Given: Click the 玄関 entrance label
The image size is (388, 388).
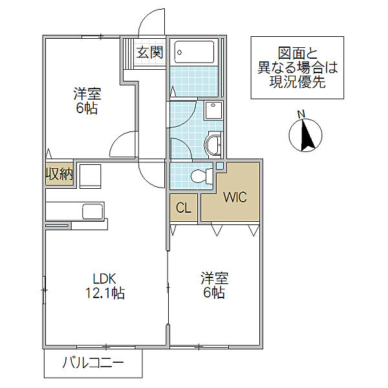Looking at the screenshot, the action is pos(150,52).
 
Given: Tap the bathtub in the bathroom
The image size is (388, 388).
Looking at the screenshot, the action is pos(194,52).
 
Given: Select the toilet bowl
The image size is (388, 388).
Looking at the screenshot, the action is pos(202,176).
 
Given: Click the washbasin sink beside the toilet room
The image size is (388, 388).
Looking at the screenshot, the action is pos(213,145).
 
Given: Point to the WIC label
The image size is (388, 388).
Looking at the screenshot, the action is pos(235,197).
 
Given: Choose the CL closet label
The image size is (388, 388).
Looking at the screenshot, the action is pos(184,208).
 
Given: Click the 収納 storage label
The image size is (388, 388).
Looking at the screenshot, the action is pos(59,174).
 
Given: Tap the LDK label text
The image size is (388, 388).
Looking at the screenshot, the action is pos(104,279).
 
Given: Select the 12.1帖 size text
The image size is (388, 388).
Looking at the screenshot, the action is pos(105,293).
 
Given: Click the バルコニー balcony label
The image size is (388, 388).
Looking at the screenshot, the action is pos(92,363).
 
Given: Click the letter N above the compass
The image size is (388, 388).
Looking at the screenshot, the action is pos(301,114).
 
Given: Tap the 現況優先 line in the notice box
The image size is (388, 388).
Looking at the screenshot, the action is pos(297,81).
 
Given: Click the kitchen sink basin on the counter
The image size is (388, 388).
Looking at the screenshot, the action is pos(92,211).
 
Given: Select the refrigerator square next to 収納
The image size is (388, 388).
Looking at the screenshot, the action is pos(91,176).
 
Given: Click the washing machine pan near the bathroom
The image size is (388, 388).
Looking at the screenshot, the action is pos(213,110).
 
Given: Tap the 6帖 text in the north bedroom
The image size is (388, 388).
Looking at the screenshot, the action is pos(87,108).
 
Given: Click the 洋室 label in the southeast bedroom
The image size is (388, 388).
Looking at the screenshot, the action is pos(214,278).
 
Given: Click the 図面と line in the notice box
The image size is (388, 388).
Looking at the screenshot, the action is pos(298,53).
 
